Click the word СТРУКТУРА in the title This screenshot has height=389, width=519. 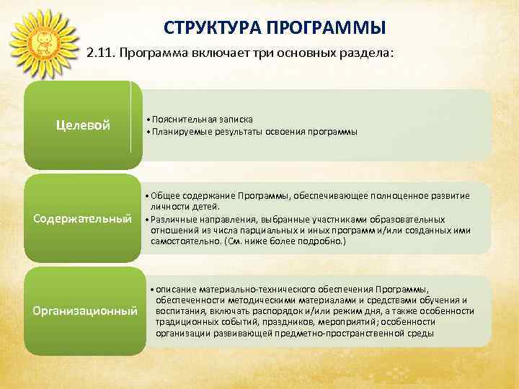tap(205, 28)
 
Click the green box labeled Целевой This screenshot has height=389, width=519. tap(83, 126)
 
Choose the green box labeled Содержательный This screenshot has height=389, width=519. tap(83, 218)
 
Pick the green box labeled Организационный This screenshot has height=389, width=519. tap(83, 311)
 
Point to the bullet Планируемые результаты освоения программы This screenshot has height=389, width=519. tap(252, 132)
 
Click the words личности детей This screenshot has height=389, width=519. tap(179, 207)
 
